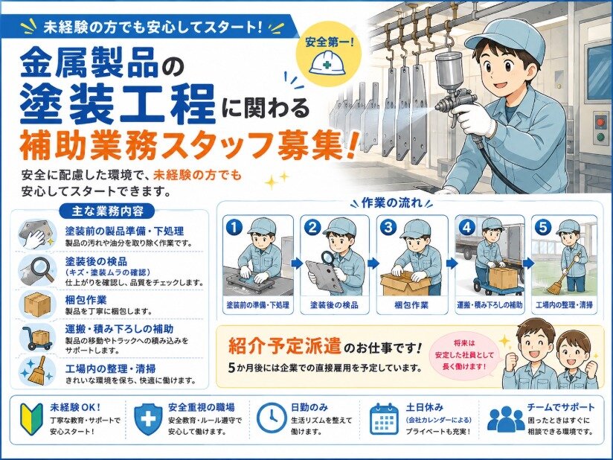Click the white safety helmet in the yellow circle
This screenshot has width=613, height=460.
pos(327,63)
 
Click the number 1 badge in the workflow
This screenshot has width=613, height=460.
pos(234,227)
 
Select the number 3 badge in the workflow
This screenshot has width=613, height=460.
pos(388,227)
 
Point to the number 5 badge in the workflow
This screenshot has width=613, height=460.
pos(543,227)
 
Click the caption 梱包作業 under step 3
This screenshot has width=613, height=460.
pos(411,305)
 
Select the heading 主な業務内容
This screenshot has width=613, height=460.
pos(108,211)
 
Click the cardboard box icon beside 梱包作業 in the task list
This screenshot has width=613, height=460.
pos(37,304)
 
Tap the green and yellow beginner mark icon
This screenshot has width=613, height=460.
pos(30,419)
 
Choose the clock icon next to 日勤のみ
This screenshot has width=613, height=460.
pos(272,418)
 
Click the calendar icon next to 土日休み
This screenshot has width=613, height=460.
pos(385,419)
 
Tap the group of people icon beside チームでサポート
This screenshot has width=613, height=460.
pos(506,419)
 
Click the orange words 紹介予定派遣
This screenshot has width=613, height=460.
pos(285,346)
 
